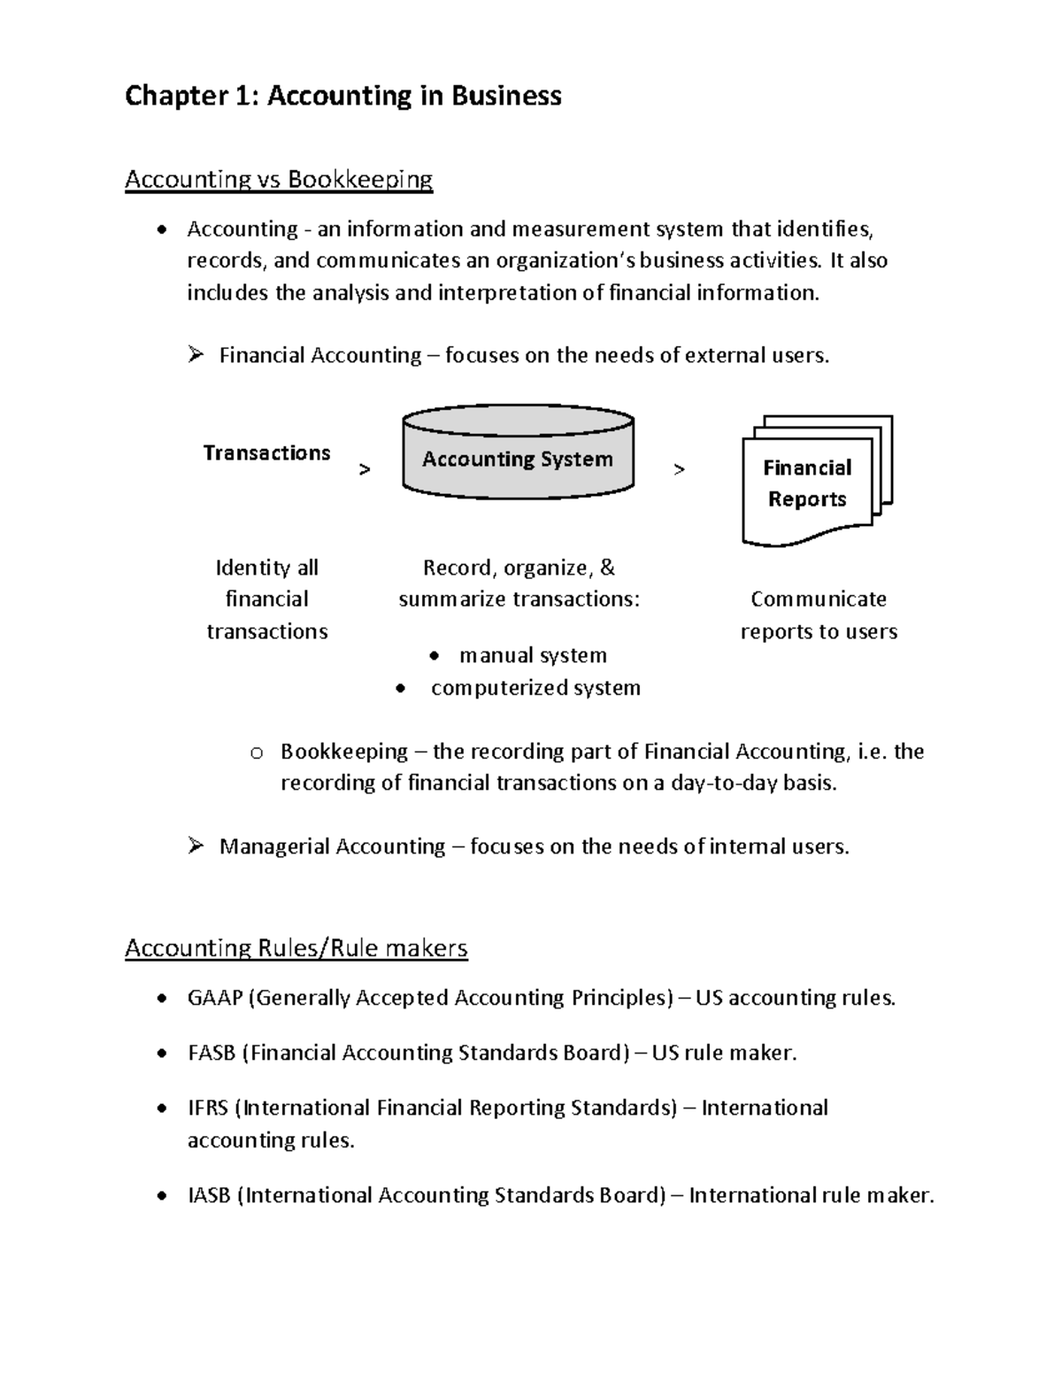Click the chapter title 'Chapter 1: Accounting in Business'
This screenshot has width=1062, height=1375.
[342, 96]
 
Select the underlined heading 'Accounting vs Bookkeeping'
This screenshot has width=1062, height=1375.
[279, 180]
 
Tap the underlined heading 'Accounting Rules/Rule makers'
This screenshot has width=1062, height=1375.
[296, 948]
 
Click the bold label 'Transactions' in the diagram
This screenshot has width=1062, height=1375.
[266, 452]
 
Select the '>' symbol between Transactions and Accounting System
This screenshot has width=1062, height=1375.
[365, 470]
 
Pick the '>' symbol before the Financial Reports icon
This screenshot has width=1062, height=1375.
[679, 470]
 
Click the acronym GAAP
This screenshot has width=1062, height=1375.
[215, 998]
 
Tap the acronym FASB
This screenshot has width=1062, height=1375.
[212, 1053]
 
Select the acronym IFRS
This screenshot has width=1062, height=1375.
[208, 1108]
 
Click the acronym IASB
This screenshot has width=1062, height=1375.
[209, 1195]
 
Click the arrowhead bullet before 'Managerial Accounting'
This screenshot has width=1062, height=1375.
[196, 846]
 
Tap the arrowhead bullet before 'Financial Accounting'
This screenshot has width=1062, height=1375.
[196, 355]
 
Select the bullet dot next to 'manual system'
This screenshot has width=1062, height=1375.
[433, 656]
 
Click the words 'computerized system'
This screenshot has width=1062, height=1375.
[535, 688]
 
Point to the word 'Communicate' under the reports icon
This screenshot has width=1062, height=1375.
[819, 599]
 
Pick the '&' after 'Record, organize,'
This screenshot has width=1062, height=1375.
[607, 568]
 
